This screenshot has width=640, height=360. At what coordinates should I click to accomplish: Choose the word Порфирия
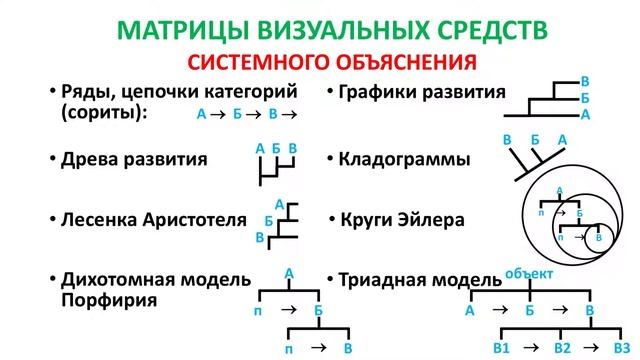(101, 299)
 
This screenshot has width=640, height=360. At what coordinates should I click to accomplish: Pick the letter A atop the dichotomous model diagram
(288, 271)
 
